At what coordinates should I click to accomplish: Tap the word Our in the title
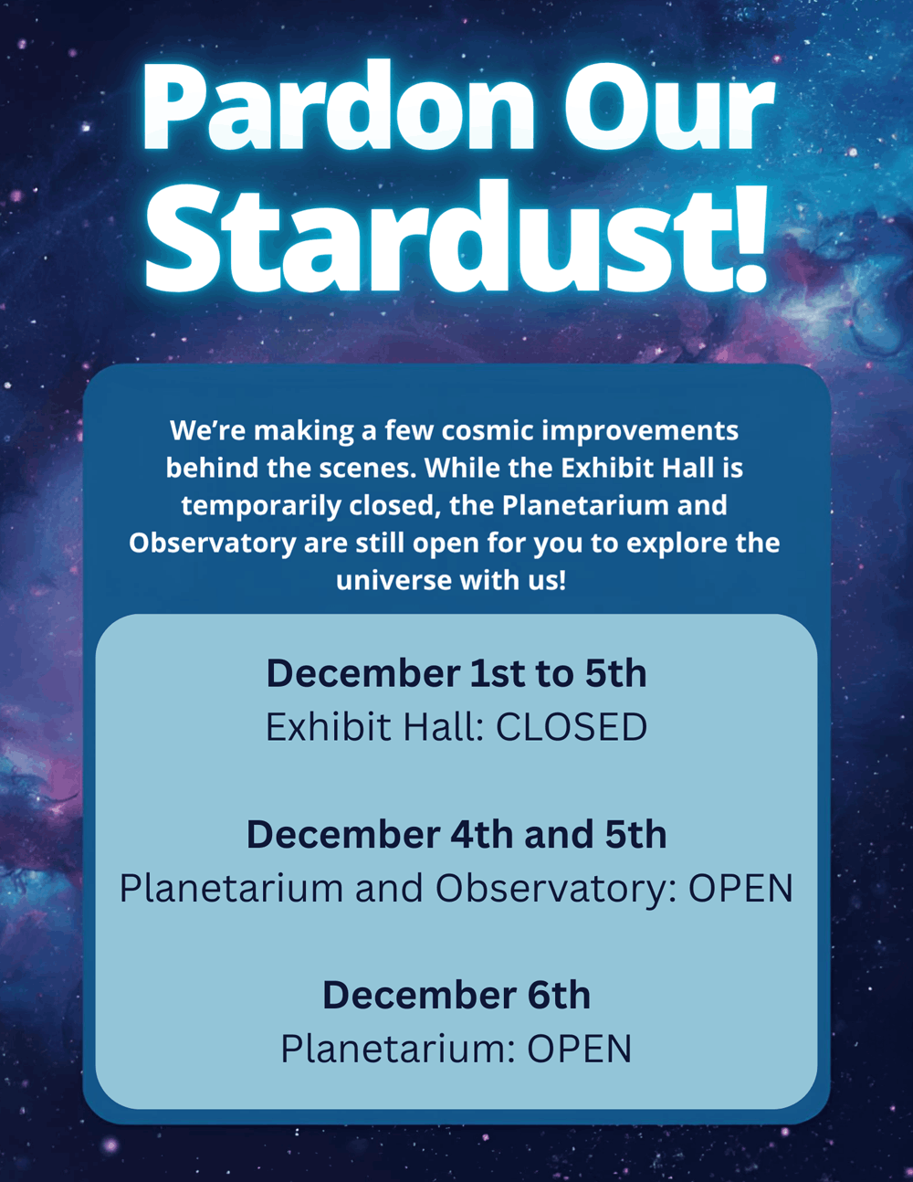coord(669,106)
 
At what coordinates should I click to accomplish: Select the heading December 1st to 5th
coord(456,673)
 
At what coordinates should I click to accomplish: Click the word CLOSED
coord(572,727)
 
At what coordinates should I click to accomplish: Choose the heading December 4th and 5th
coord(456,834)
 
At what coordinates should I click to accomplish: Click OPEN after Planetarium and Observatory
coord(740,888)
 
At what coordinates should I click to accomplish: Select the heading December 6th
coord(456,996)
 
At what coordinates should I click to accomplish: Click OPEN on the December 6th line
coord(580,1050)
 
